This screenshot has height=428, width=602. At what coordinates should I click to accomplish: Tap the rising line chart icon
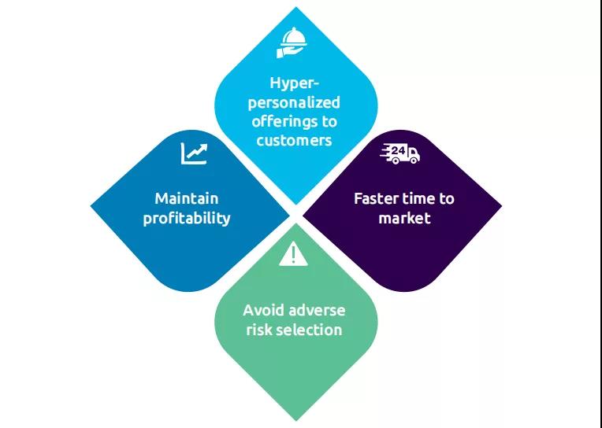click(194, 153)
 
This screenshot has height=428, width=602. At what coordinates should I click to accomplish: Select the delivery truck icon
click(400, 153)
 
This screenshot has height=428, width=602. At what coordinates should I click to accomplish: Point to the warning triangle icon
click(293, 254)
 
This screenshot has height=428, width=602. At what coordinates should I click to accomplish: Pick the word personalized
click(295, 102)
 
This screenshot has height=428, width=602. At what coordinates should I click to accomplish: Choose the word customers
click(294, 141)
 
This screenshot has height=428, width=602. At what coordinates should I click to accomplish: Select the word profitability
click(187, 218)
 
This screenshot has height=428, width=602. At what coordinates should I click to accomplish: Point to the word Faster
click(377, 198)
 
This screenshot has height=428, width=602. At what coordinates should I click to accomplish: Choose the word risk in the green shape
click(258, 330)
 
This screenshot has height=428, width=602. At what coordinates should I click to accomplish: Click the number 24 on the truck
click(397, 149)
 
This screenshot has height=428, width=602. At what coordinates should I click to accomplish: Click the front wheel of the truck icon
click(411, 160)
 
